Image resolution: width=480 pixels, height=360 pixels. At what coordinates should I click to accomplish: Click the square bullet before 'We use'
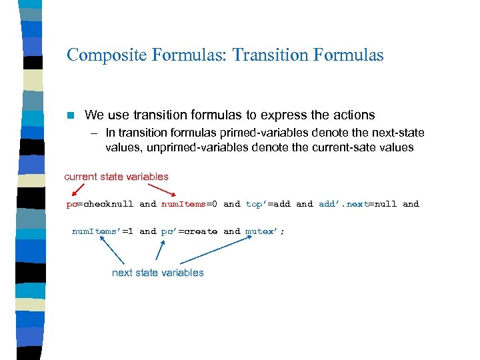pyautogui.click(x=71, y=115)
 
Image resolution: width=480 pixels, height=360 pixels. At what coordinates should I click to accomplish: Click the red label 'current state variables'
pyautogui.click(x=116, y=177)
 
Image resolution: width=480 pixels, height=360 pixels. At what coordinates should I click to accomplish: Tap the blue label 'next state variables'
pyautogui.click(x=158, y=272)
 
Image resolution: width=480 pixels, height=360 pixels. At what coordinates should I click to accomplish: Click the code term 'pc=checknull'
pyautogui.click(x=100, y=204)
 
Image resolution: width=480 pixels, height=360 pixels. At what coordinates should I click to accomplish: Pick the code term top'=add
pyautogui.click(x=268, y=204)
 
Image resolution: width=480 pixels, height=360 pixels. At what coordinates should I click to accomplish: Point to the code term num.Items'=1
pyautogui.click(x=103, y=231)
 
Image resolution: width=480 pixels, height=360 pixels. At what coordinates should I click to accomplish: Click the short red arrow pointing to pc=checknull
pyautogui.click(x=76, y=191)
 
